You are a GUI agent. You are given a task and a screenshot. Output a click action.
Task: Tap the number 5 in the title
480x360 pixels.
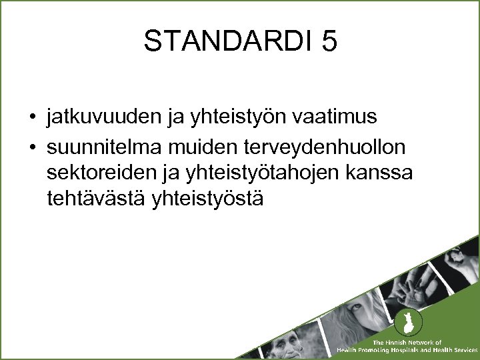coord(329,41)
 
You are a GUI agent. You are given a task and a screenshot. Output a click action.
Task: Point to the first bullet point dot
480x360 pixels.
coord(32,119)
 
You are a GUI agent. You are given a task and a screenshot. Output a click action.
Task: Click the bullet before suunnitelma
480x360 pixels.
coord(32,145)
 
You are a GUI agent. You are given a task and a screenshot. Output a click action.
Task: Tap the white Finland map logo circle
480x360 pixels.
coord(403,324)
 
